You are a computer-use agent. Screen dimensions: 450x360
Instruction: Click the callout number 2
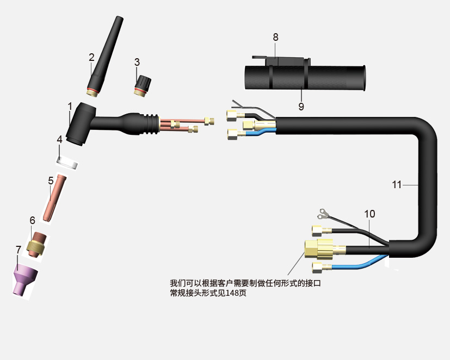[x=91, y=57]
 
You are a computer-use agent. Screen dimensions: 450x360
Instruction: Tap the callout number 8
[x=275, y=38]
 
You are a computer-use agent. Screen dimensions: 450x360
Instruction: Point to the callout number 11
[x=397, y=184]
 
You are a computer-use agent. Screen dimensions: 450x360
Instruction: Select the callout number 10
[x=369, y=214]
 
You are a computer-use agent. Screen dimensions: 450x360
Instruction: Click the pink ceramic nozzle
[x=24, y=280]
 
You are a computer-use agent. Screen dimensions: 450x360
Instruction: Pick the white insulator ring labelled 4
[x=67, y=163]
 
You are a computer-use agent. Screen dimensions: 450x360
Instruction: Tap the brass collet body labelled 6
[x=37, y=245]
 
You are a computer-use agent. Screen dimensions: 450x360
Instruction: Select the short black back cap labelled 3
[x=142, y=86]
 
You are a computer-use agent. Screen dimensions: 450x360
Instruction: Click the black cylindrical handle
[x=305, y=78]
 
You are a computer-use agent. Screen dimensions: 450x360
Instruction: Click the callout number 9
[x=301, y=107]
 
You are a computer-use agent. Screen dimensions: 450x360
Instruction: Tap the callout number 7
[x=19, y=250]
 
